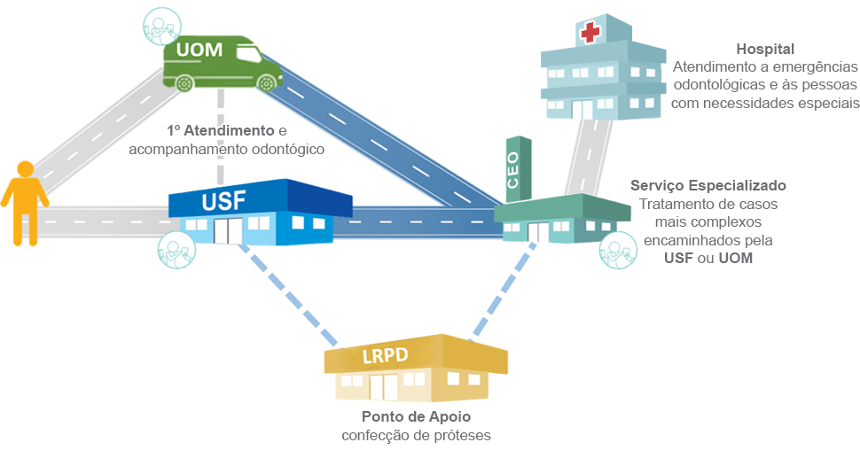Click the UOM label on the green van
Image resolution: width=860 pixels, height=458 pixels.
click(x=199, y=50)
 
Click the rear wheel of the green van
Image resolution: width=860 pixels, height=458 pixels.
click(x=184, y=84)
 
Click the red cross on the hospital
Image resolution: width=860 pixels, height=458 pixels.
click(x=590, y=34)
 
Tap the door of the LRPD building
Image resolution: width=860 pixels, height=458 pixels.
click(x=383, y=386)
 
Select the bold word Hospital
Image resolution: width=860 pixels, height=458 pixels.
click(x=764, y=49)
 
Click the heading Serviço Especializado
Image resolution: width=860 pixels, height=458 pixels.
click(x=708, y=186)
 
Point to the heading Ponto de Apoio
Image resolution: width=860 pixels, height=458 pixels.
click(x=416, y=416)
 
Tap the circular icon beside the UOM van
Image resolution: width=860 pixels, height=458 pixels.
click(x=160, y=27)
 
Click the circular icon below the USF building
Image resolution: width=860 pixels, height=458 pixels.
click(x=175, y=249)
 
